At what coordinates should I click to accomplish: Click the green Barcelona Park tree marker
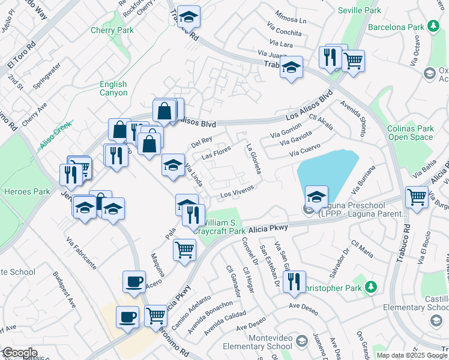[x=433, y=26]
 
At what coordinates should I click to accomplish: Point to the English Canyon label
[x=113, y=89]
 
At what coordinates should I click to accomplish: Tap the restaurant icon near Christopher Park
[x=294, y=281]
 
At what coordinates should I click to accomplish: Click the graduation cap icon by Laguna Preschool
[x=316, y=196]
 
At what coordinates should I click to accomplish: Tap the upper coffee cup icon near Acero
[x=134, y=281]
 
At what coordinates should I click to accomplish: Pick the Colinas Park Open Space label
[x=410, y=133]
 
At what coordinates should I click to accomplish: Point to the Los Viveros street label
[x=237, y=191]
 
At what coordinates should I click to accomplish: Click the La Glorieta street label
[x=253, y=159]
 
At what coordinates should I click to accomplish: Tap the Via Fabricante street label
[x=82, y=253]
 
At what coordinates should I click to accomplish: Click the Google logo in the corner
[x=19, y=353]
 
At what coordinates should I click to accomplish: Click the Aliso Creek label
[x=56, y=135]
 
